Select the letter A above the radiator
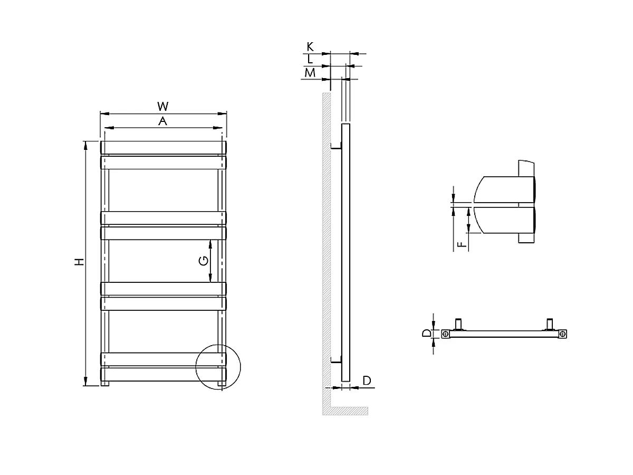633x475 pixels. tap(163, 121)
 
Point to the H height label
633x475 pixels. tap(79, 262)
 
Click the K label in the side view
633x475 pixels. tap(310, 47)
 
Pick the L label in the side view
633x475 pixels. tap(310, 60)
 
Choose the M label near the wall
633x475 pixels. tap(310, 73)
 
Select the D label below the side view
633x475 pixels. tap(367, 381)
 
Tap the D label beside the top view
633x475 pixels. tap(426, 334)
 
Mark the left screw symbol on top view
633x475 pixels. tap(446, 334)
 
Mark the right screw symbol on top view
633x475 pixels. tap(563, 334)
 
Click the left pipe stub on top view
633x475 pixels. tap(459, 322)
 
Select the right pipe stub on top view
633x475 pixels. tap(551, 322)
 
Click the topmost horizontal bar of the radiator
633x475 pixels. tap(164, 147)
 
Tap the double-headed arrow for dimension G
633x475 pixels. tap(211, 260)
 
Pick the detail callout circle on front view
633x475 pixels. tap(217, 367)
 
